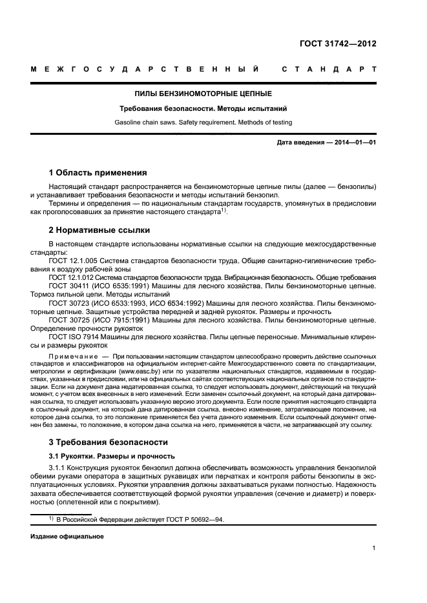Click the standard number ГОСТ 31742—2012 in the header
[338, 44]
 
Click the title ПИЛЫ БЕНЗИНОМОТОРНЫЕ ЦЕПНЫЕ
[203, 94]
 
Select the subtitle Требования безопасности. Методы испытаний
[203, 109]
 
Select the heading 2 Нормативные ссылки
[99, 230]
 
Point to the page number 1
[374, 548]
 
